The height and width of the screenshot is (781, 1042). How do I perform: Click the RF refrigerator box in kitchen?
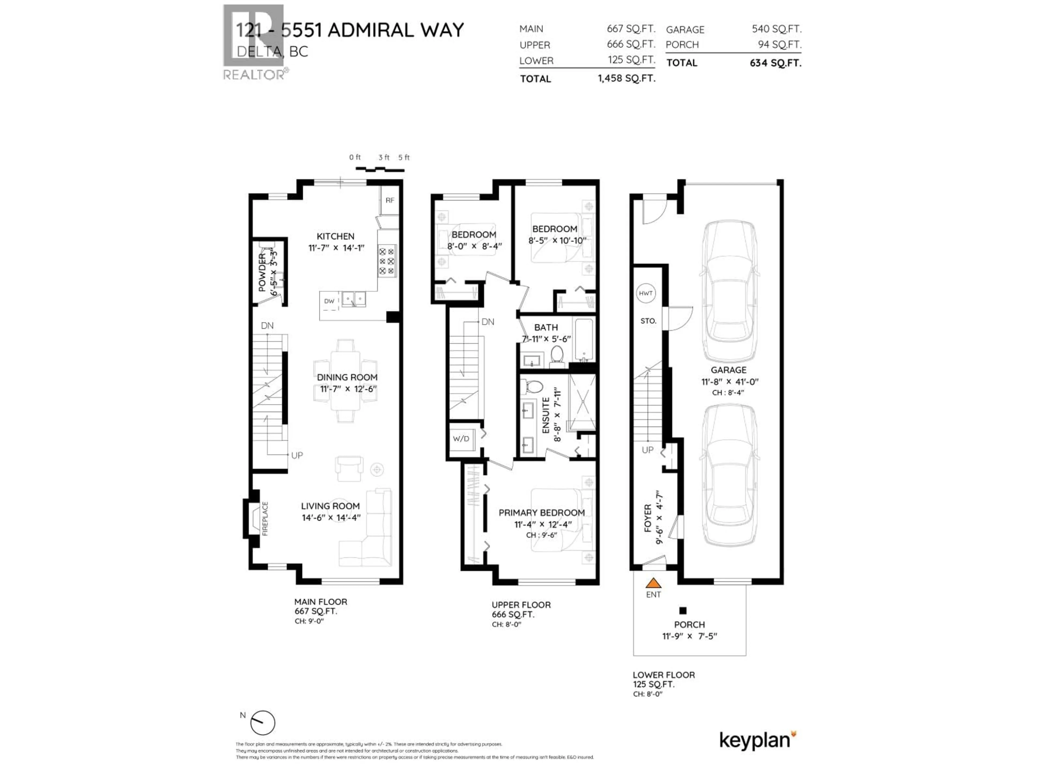coord(390,201)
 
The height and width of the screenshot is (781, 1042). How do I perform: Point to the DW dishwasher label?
coord(329,301)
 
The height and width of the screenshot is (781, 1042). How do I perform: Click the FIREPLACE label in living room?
coord(265,518)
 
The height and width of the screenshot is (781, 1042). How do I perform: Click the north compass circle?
coord(262,723)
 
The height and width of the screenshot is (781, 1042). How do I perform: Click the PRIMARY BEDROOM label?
coord(541,513)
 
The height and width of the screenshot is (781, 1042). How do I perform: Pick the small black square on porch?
coord(682,611)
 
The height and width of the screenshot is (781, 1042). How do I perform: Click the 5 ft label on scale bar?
coord(404,157)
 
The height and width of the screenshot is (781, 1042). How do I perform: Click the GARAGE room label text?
coord(728,370)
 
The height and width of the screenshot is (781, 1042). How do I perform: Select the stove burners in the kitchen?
coord(387,261)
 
